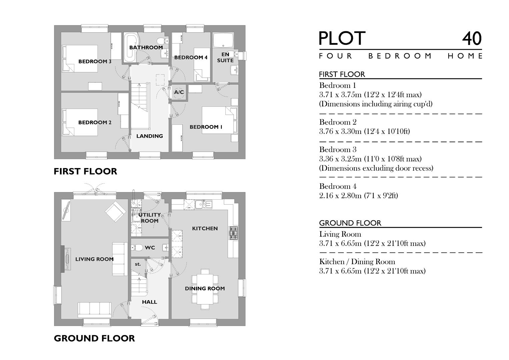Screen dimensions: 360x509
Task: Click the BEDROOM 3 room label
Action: tap(95, 61)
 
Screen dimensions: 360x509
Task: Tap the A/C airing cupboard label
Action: tap(179, 92)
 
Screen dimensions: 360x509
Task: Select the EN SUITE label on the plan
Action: tap(225, 57)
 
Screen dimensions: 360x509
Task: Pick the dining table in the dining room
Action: tap(205, 288)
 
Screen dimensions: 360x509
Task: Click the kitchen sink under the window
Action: tap(204, 204)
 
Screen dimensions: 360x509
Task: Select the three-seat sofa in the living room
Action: tap(95, 310)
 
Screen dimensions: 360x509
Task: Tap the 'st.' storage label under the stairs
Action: tap(138, 264)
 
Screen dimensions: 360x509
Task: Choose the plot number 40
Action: tap(472, 39)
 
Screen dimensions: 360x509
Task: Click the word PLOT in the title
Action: tap(342, 39)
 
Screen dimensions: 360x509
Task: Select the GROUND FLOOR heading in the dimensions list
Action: tap(350, 223)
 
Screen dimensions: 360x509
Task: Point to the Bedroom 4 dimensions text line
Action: tap(358, 196)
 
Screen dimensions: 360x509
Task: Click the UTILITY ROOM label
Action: tap(150, 218)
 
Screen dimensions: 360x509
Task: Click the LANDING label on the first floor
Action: tap(150, 136)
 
